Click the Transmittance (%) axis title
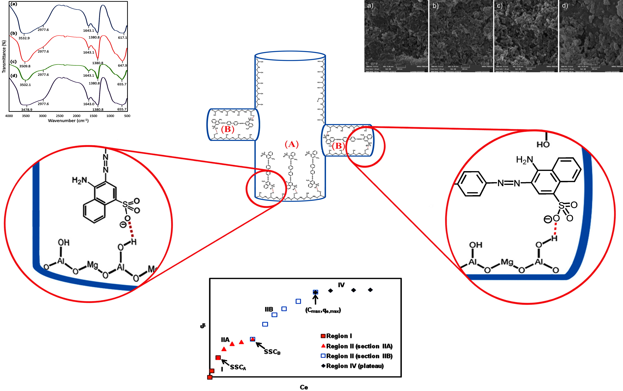[4, 56]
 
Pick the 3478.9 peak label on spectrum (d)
[27, 110]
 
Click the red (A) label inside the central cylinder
[292, 144]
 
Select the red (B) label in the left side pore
[227, 129]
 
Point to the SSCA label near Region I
[238, 367]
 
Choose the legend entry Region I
[339, 336]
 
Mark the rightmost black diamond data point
[370, 290]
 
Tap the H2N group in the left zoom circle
[79, 180]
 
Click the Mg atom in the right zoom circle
[507, 262]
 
